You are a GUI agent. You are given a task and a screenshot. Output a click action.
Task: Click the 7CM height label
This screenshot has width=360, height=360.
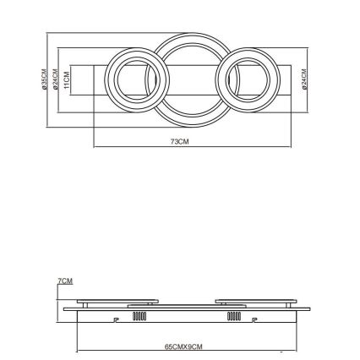tap(65, 280)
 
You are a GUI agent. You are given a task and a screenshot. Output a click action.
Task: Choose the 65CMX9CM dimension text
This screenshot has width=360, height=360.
tap(183, 346)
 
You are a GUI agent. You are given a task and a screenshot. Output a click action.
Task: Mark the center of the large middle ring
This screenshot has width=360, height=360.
tap(190, 78)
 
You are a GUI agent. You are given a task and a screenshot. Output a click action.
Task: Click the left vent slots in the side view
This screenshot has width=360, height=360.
tap(139, 318)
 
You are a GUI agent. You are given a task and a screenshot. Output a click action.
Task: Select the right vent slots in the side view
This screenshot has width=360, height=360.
tap(234, 318)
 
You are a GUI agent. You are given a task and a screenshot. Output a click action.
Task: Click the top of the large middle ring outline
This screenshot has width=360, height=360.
tap(190, 35)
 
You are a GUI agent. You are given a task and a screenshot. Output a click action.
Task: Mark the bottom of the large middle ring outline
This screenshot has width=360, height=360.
tap(190, 120)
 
